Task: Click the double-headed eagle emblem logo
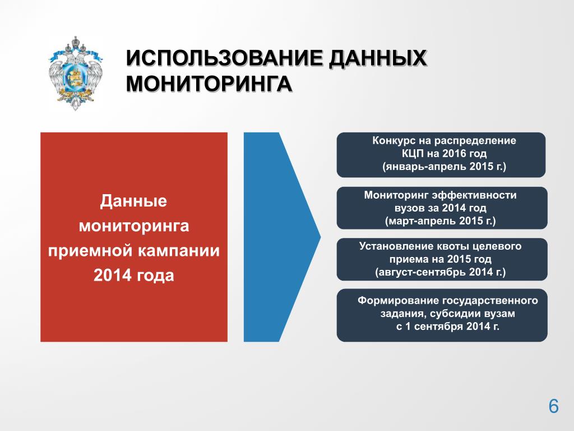76,74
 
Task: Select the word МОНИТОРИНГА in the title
209,84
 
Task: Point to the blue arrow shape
282,237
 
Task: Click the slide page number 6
553,406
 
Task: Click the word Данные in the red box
133,201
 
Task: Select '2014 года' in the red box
133,276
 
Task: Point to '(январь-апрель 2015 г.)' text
444,167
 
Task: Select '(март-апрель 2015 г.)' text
441,221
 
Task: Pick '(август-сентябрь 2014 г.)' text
441,272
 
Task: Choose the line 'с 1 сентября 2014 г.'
448,326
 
